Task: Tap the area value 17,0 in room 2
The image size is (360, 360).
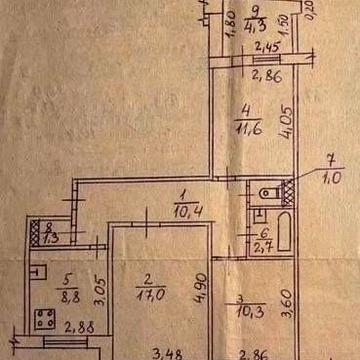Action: pos(152,296)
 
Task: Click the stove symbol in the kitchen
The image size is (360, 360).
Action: pos(44,320)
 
